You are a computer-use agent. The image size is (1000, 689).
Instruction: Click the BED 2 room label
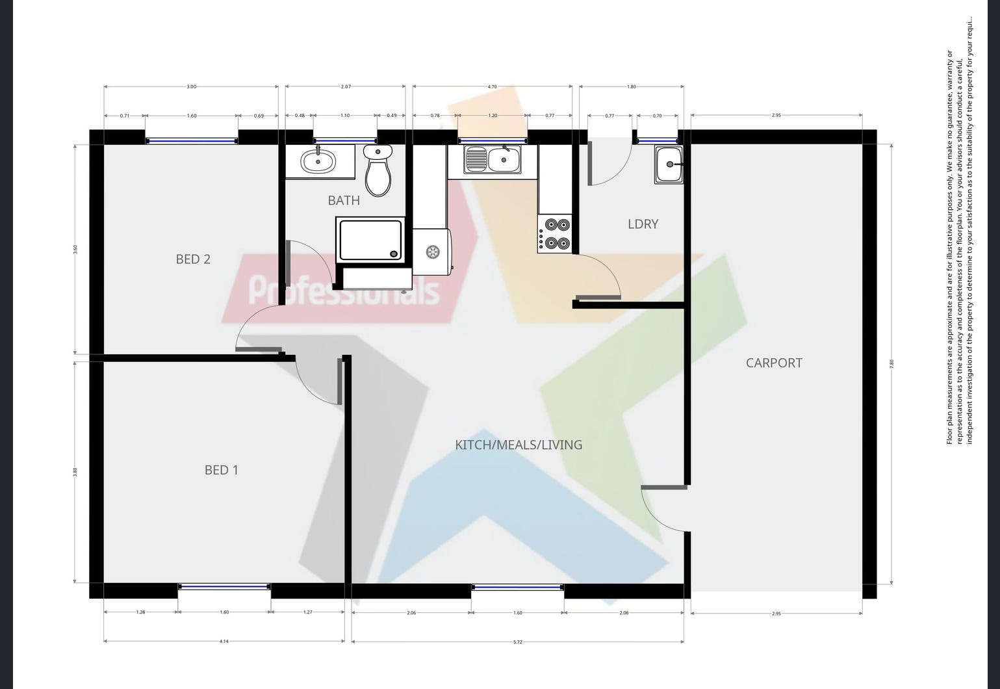[x=193, y=259]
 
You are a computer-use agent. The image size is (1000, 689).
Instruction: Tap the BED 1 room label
[x=221, y=469]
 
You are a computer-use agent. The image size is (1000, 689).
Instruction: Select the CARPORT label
[x=773, y=363]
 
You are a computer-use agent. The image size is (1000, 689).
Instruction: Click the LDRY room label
[x=643, y=224]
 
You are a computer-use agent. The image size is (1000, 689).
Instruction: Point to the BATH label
[x=344, y=200]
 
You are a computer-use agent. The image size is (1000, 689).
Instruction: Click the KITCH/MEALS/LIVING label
[x=518, y=445]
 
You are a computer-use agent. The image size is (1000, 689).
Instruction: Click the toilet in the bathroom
[x=378, y=170]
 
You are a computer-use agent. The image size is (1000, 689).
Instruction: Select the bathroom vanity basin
[x=318, y=161]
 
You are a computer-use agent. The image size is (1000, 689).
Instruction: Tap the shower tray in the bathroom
[x=370, y=240]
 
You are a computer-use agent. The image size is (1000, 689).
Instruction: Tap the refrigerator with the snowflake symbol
[x=432, y=252]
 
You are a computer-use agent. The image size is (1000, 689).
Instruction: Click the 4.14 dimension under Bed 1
[x=224, y=642]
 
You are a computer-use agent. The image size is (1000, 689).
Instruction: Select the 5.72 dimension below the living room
[x=517, y=642]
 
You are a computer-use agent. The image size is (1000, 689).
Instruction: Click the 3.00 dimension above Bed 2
[x=191, y=86]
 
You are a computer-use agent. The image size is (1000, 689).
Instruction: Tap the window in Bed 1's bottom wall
[x=224, y=586]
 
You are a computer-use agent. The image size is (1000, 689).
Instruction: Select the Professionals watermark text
[x=344, y=290]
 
